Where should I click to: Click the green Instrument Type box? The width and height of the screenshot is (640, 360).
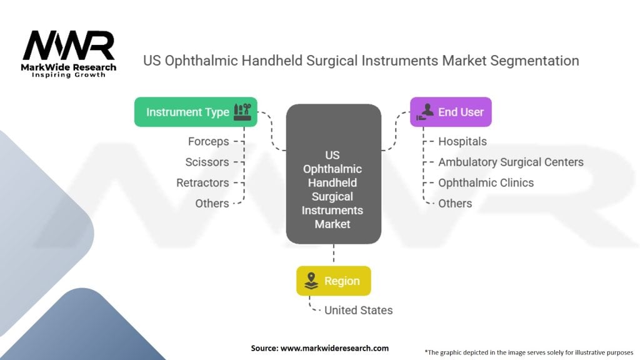click(196, 112)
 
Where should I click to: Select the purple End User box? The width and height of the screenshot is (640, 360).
click(451, 112)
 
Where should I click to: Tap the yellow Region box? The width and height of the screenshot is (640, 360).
click(334, 281)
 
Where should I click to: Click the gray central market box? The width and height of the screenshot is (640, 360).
click(334, 174)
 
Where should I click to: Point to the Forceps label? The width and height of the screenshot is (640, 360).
click(209, 142)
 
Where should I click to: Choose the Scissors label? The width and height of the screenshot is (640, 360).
click(207, 162)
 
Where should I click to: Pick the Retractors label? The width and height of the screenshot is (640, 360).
click(202, 183)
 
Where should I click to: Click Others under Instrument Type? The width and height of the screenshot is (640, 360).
click(212, 203)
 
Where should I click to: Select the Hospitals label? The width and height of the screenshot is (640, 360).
click(462, 142)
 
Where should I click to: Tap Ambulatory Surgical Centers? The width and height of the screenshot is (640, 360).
click(511, 162)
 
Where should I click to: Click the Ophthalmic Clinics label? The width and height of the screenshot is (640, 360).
click(486, 183)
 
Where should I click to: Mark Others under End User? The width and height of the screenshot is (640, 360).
click(455, 203)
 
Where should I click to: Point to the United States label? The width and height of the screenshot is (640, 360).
click(358, 310)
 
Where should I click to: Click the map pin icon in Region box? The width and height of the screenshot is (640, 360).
click(311, 281)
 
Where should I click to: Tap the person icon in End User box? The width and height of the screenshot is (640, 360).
click(425, 111)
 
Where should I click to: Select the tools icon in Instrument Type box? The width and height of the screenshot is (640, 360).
click(242, 112)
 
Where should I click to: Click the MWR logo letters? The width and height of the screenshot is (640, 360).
click(68, 45)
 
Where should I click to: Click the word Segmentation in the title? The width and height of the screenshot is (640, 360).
click(535, 61)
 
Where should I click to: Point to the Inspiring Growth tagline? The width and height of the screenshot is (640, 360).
click(68, 75)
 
